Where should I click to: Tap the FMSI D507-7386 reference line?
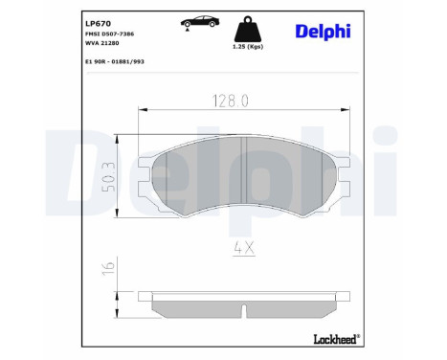82,34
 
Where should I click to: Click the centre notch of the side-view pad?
244,312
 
